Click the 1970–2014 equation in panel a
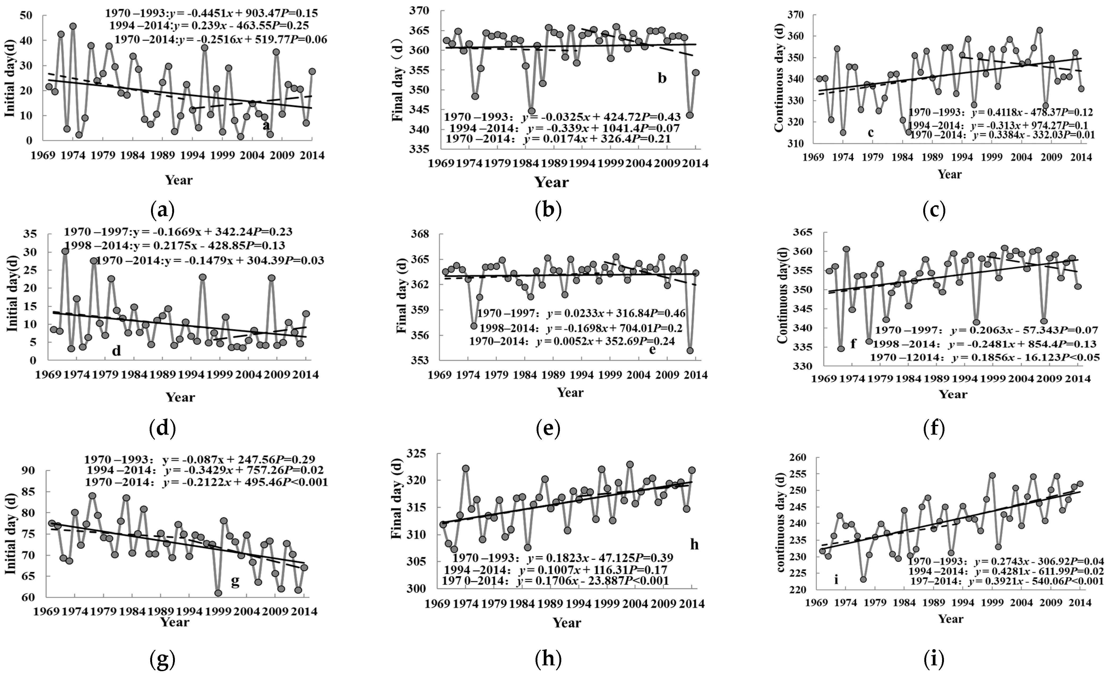[221, 40]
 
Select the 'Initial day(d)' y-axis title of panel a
[10, 77]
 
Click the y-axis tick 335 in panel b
[420, 149]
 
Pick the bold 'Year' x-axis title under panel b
[551, 182]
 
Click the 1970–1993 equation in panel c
[1000, 112]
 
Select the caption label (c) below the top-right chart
[934, 209]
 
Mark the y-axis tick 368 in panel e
[420, 234]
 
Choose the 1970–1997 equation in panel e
[581, 313]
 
